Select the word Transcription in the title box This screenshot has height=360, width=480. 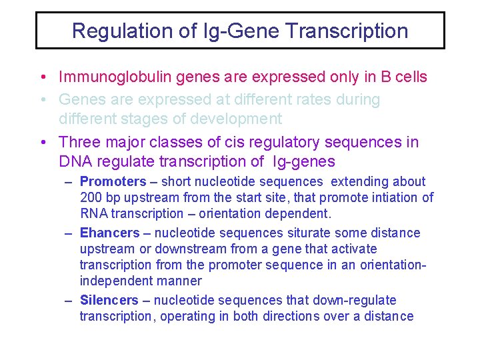click(353, 31)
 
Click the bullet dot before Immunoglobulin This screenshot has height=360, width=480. click(42, 77)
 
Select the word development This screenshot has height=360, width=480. click(236, 119)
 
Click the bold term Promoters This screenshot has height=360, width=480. click(113, 181)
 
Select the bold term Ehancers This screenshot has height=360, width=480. click(109, 233)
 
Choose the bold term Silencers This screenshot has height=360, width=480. click(109, 301)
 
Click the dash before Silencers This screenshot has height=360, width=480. click(69, 301)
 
